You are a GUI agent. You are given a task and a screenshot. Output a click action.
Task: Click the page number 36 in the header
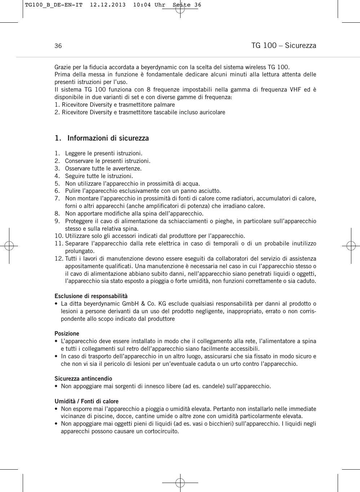point(58,46)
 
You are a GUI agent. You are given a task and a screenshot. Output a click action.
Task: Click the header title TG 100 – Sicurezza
point(284,45)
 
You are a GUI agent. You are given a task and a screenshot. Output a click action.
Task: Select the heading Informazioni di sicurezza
point(108,138)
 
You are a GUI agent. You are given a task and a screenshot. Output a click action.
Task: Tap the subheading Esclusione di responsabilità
point(91,296)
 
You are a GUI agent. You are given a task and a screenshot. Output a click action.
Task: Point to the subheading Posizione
point(67,334)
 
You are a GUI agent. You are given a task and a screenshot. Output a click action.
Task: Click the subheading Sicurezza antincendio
point(83,379)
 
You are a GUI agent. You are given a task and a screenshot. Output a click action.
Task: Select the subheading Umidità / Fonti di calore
point(86,402)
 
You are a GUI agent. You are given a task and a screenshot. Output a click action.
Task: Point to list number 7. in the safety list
point(57,199)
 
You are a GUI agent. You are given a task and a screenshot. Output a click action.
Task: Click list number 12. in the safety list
point(58,259)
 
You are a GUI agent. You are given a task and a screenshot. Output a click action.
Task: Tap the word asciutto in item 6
point(209,191)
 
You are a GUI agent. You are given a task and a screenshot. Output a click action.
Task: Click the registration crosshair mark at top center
point(180,9)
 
